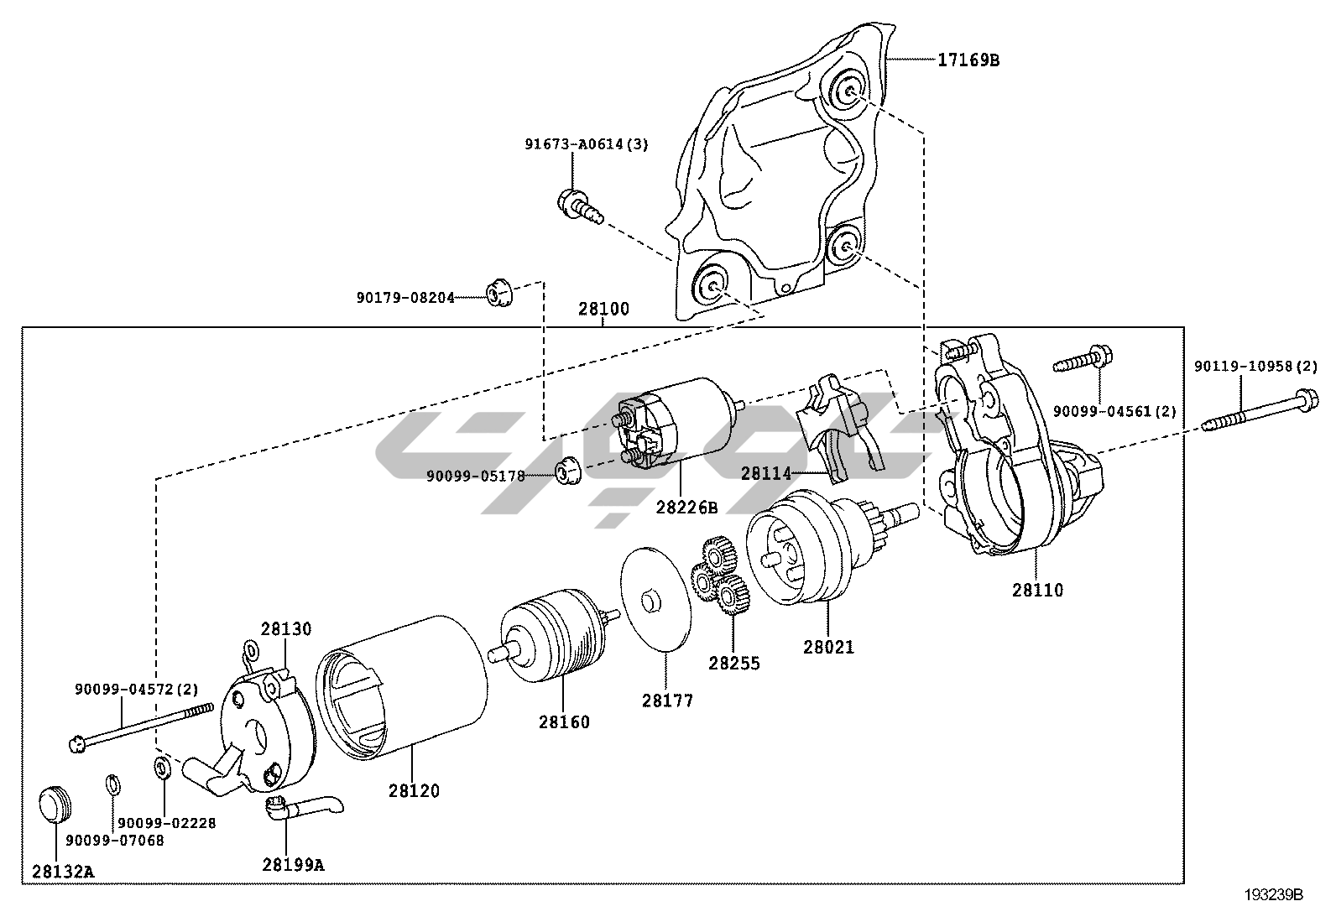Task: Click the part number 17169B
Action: pyautogui.click(x=968, y=60)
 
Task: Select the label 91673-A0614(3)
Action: pyautogui.click(x=587, y=144)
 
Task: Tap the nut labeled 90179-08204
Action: pyautogui.click(x=499, y=292)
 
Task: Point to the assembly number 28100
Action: pyautogui.click(x=603, y=309)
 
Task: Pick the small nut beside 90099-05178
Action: pyautogui.click(x=569, y=471)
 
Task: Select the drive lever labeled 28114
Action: pyautogui.click(x=840, y=426)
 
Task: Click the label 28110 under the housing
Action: pyautogui.click(x=1038, y=591)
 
